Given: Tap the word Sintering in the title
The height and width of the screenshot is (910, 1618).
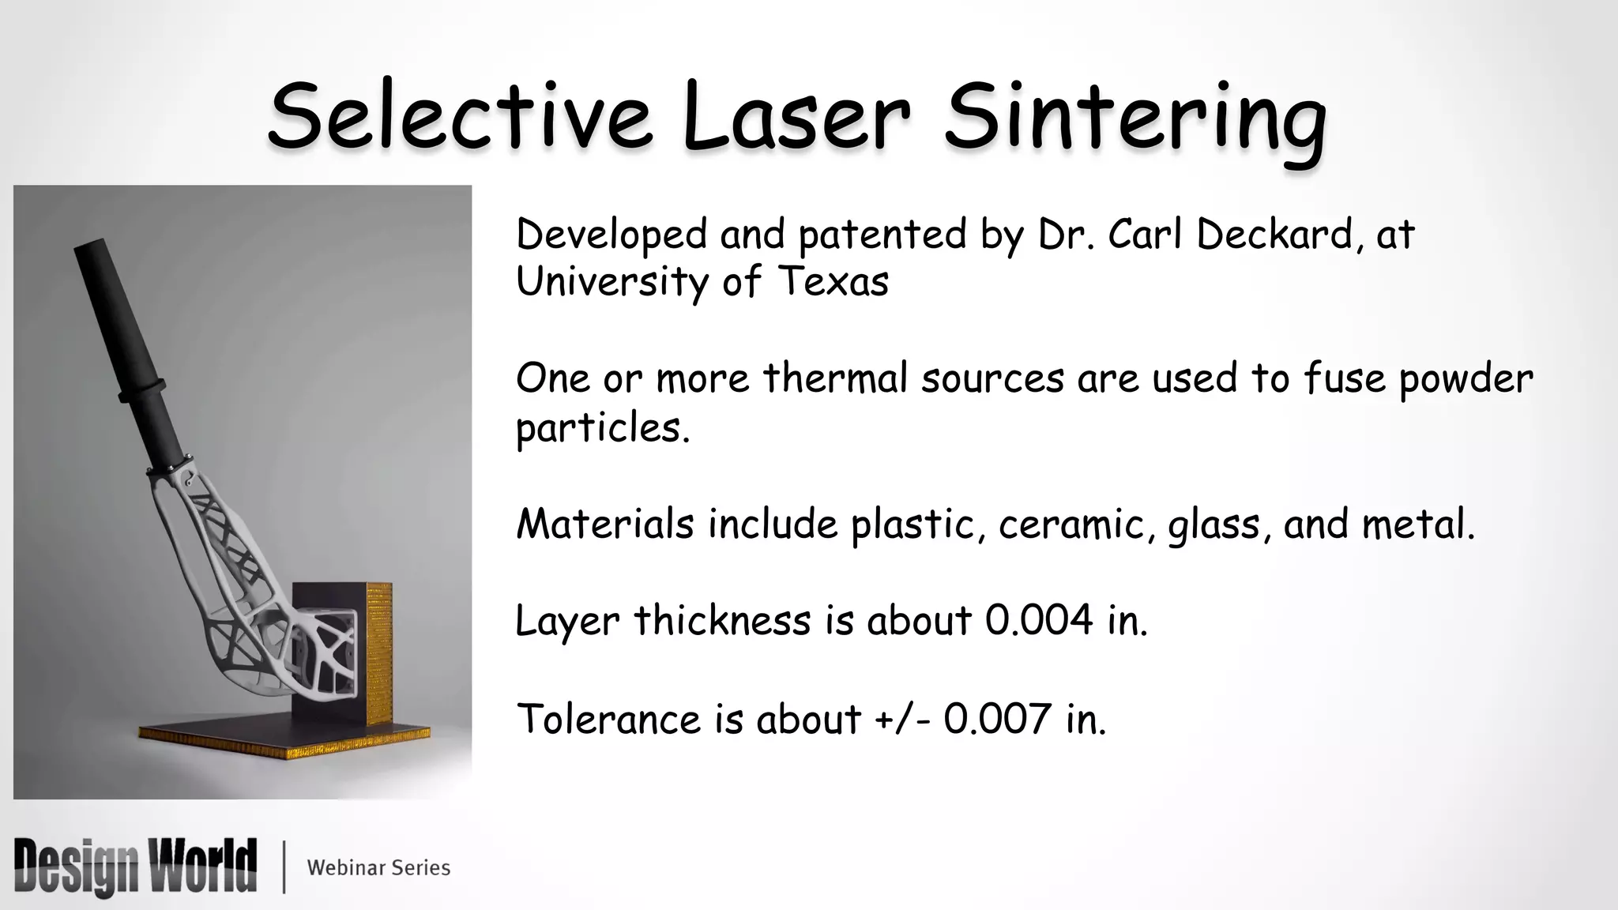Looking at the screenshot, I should coord(1134,118).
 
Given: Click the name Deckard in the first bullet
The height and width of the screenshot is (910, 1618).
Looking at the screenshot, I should coord(1279,235).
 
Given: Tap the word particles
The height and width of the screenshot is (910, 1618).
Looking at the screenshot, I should coord(602,429).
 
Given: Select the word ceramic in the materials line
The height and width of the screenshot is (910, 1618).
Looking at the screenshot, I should coord(1071,525).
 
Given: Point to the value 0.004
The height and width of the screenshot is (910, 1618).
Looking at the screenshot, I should coord(1039,621).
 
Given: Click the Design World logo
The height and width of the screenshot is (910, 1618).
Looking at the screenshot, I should coord(135,867).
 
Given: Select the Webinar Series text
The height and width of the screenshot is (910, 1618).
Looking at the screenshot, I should coord(378,868).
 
